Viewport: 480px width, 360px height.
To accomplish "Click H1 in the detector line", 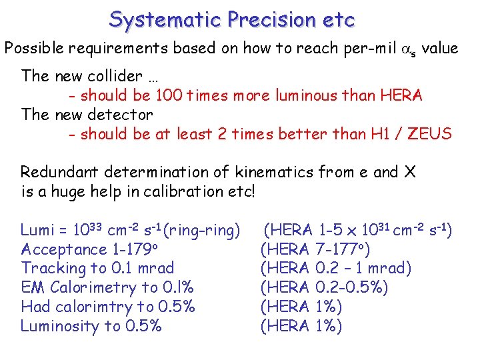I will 379,134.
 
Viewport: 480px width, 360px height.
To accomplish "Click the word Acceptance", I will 64,249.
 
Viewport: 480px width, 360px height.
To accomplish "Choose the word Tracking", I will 50,268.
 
